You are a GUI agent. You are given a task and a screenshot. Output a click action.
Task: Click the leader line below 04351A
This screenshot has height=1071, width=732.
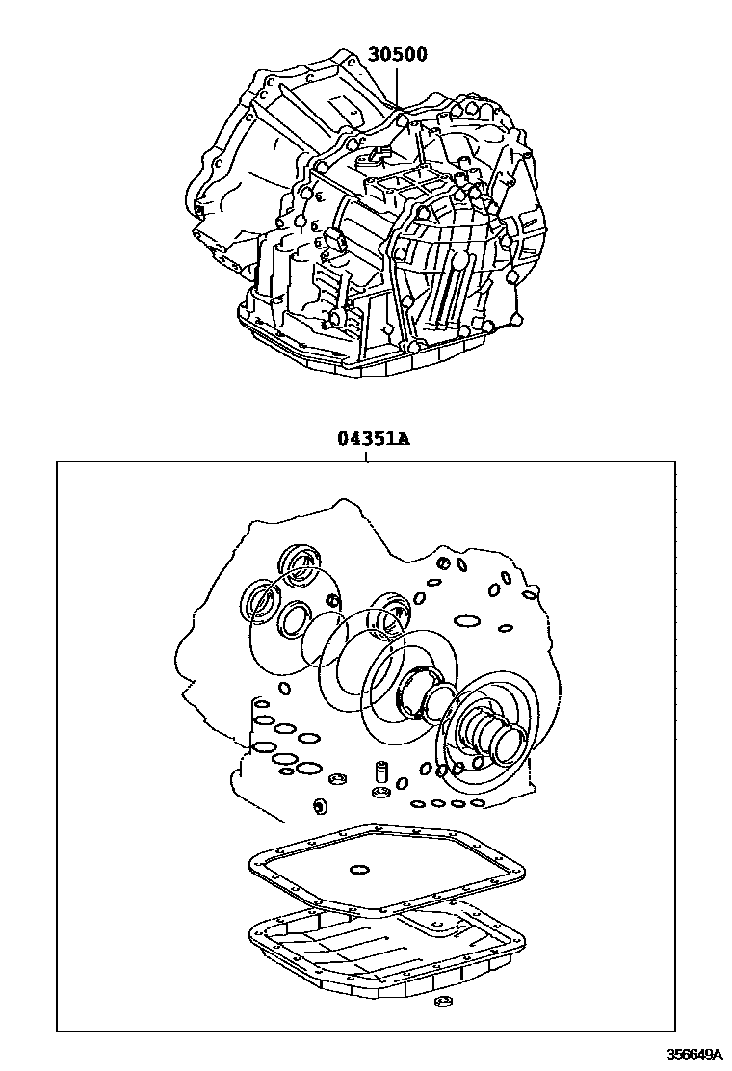[367, 455]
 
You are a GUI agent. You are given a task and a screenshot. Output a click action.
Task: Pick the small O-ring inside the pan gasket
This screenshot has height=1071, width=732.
[359, 871]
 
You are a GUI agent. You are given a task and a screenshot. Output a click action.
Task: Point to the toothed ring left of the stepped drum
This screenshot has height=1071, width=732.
[421, 691]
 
